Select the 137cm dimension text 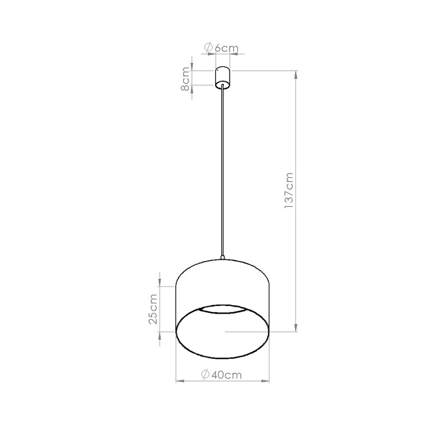click(289, 189)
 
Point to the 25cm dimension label click(153, 309)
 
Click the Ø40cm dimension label click(221, 374)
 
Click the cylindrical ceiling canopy click(223, 77)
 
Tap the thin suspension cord click(223, 170)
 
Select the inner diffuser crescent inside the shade click(223, 310)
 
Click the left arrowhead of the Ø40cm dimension click(178, 382)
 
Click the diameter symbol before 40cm click(205, 374)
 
